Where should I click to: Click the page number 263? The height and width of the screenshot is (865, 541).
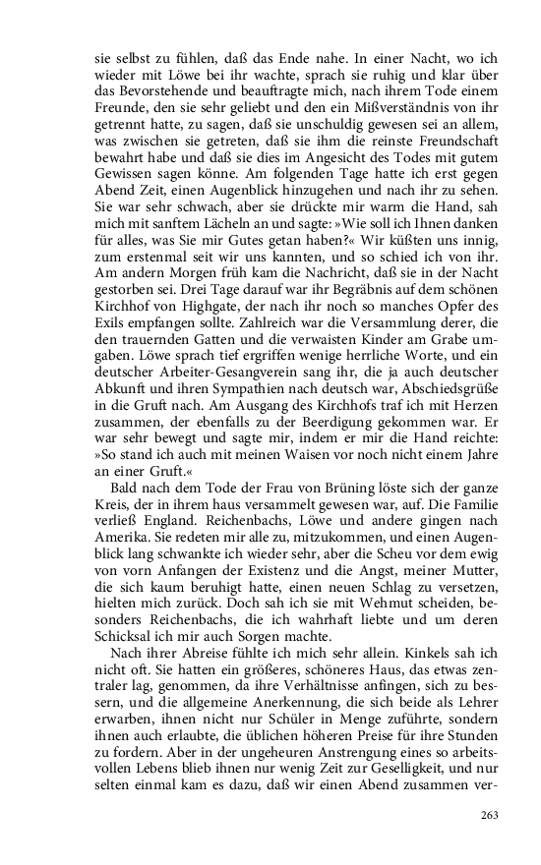click(490, 815)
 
